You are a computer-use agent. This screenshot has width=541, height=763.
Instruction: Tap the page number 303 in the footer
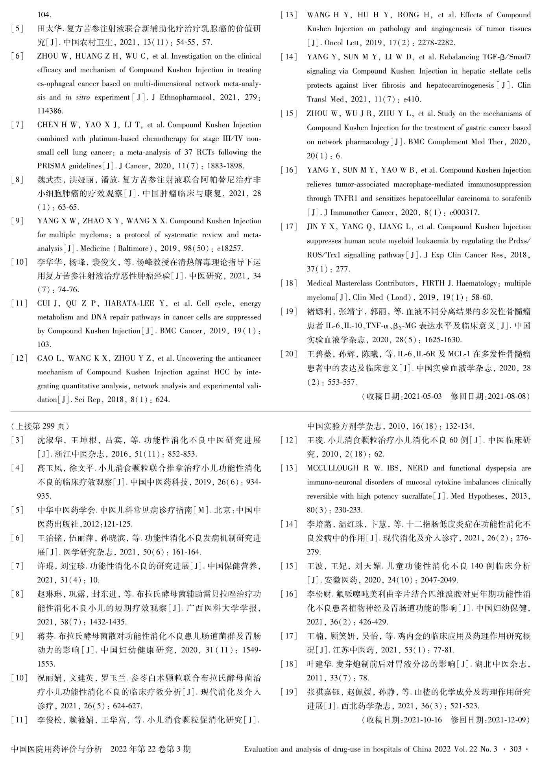515,749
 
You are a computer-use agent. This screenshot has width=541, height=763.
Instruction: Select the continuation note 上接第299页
40,426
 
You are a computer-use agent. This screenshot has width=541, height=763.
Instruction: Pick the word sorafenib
514,198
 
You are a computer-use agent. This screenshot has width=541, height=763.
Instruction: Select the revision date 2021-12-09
508,720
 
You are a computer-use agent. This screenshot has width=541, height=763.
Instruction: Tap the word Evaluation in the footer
260,749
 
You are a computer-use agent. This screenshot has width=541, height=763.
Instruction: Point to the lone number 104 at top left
44,15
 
